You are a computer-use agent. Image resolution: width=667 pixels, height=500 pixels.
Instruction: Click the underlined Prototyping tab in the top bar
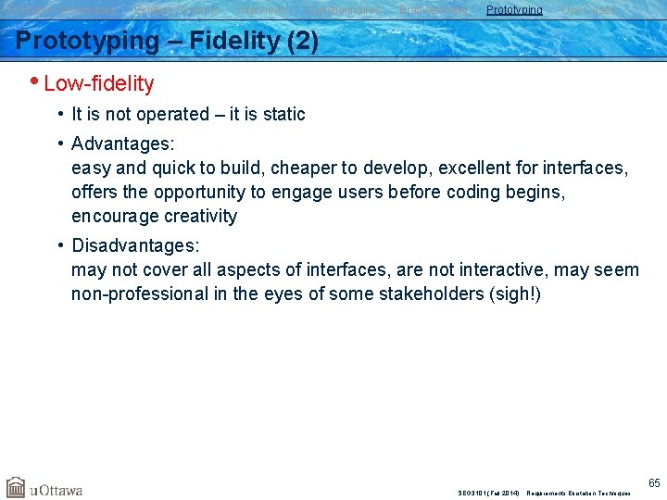[514, 10]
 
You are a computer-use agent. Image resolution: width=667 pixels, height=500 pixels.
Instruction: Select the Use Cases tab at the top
[588, 10]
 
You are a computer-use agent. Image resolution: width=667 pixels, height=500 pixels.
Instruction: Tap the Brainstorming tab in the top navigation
[434, 10]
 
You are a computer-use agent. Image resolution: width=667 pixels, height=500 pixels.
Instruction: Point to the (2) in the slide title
[300, 42]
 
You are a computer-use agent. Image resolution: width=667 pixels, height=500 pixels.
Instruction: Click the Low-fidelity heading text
[98, 83]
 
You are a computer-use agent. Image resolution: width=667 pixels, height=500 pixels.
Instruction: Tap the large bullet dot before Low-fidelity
[34, 82]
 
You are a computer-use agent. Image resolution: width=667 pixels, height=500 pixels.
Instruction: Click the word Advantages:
[122, 144]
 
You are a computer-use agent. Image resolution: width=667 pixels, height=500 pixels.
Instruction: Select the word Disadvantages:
[135, 246]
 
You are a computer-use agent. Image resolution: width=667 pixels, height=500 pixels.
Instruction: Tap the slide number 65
[654, 482]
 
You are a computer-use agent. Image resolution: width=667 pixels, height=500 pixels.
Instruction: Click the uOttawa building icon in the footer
[16, 487]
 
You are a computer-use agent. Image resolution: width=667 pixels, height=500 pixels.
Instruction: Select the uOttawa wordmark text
[57, 489]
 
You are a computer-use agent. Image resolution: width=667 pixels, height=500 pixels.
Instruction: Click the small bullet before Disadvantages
[59, 246]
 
